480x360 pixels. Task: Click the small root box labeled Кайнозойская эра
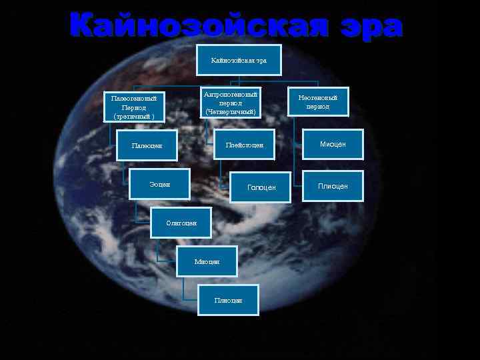(238, 60)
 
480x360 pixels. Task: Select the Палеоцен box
(147, 145)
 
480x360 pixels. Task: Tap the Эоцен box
(159, 184)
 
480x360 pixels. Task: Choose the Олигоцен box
(181, 223)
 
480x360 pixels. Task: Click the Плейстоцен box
(244, 145)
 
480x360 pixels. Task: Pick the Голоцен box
(261, 187)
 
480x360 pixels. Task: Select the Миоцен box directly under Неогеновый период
(333, 144)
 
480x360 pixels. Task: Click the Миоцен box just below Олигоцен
(207, 261)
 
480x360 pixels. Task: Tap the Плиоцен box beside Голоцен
(333, 186)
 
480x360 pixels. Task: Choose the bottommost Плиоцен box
(228, 300)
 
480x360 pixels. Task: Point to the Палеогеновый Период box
(134, 107)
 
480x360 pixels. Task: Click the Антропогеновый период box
(231, 103)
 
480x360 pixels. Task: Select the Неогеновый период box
(318, 102)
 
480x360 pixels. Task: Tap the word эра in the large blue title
(370, 27)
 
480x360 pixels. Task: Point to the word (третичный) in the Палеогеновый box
(134, 116)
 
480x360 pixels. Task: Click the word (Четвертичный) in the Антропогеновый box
(231, 112)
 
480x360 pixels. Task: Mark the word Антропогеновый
(231, 95)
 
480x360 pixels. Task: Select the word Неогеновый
(318, 97)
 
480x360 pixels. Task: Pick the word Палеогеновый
(134, 98)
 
